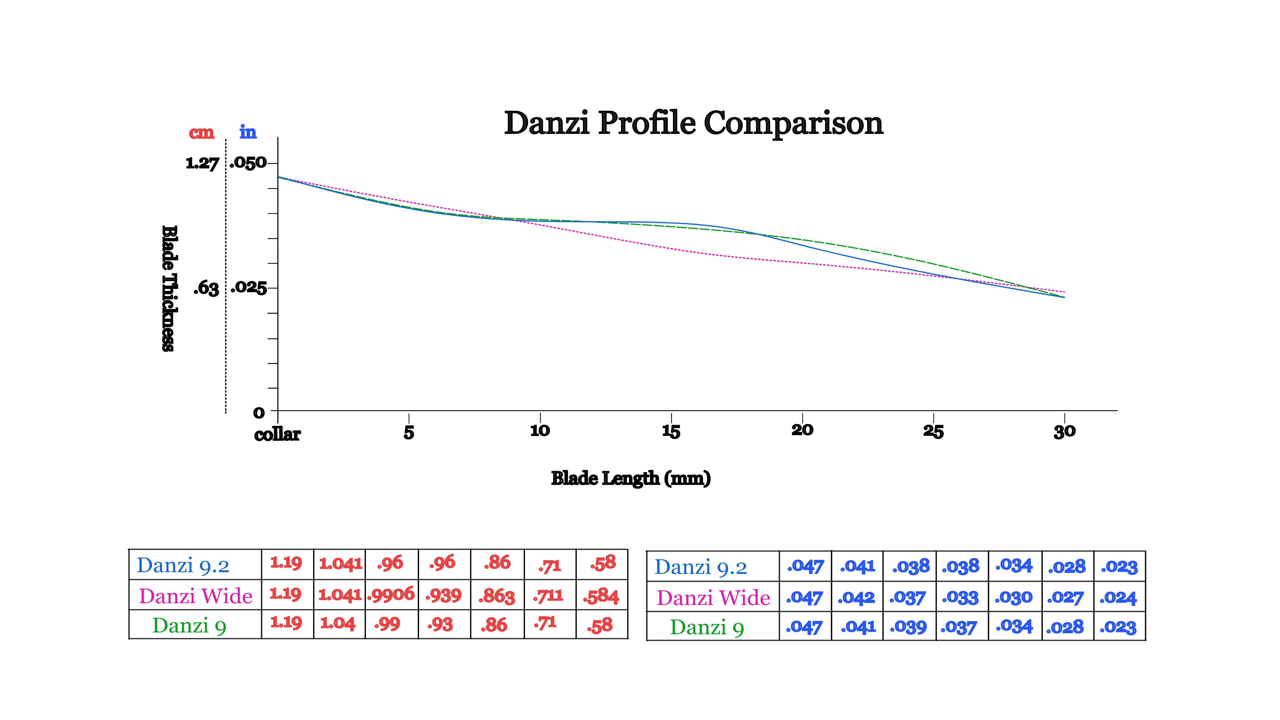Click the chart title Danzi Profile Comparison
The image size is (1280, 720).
(694, 123)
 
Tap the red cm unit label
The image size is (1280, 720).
(202, 133)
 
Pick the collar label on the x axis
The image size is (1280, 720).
(277, 434)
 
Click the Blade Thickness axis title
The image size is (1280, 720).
(169, 288)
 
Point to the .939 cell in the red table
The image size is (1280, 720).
(444, 595)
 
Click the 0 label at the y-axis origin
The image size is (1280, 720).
(259, 413)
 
